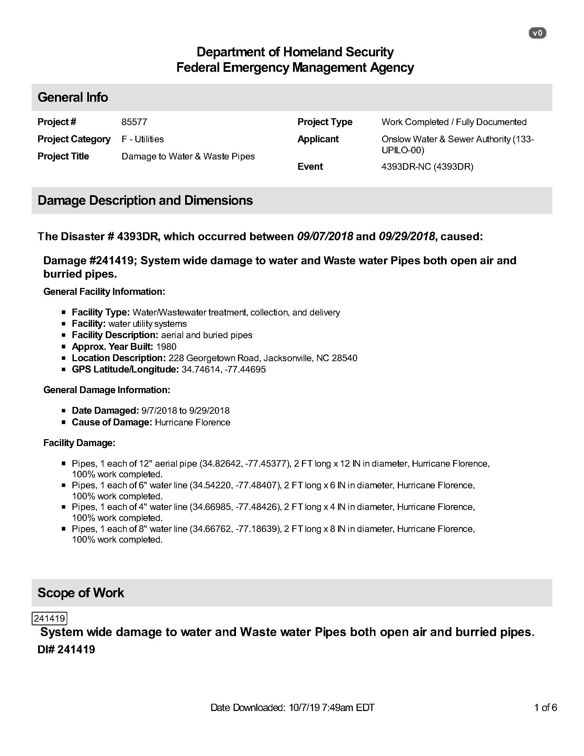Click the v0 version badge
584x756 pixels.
[x=537, y=33]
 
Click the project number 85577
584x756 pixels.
[x=134, y=122]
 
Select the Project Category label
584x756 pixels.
[x=74, y=139]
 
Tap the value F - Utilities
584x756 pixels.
[x=143, y=139]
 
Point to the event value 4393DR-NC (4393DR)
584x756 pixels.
[x=427, y=167]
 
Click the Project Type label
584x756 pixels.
[x=325, y=122]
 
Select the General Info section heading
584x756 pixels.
[x=72, y=97]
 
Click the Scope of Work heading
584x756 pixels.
[x=81, y=593]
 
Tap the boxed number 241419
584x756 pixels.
[x=49, y=619]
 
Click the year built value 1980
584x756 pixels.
[x=166, y=347]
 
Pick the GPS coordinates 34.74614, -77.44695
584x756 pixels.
[x=224, y=369]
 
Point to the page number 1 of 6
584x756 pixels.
[x=545, y=708]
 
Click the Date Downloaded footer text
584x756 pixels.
[x=292, y=708]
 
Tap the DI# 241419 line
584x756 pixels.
[x=66, y=649]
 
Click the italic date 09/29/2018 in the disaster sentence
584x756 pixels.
[x=407, y=236]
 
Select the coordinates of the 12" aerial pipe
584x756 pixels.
[x=245, y=464]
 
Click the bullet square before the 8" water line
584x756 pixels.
[x=64, y=529]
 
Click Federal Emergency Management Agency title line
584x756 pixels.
[x=295, y=67]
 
